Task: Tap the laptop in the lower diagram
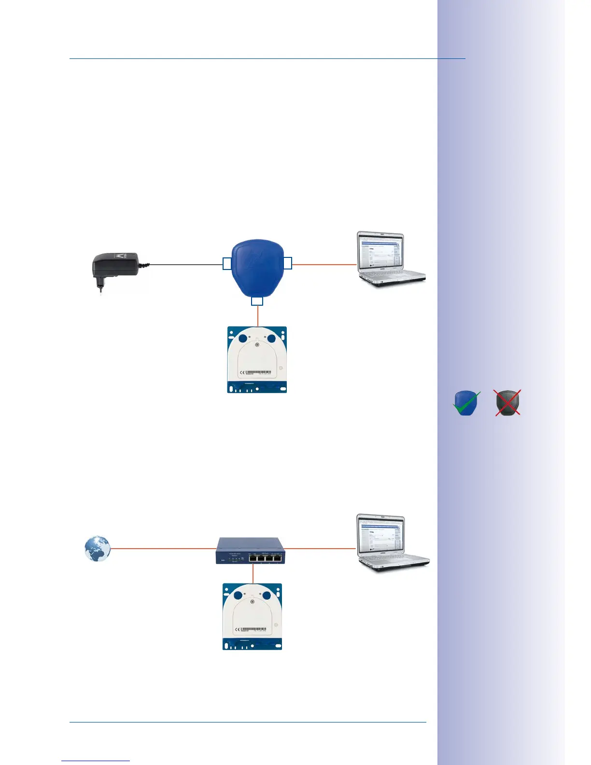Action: [x=391, y=543]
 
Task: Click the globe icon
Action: [x=97, y=549]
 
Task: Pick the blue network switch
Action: [x=250, y=551]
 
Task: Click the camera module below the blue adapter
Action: [x=257, y=359]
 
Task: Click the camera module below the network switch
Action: [x=252, y=616]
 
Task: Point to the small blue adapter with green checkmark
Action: [x=466, y=403]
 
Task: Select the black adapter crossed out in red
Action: [x=507, y=403]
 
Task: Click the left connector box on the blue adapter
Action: [x=227, y=264]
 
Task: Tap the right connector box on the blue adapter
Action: [x=287, y=263]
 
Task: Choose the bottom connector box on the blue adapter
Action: [x=257, y=301]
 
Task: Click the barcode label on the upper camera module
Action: [x=259, y=372]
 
